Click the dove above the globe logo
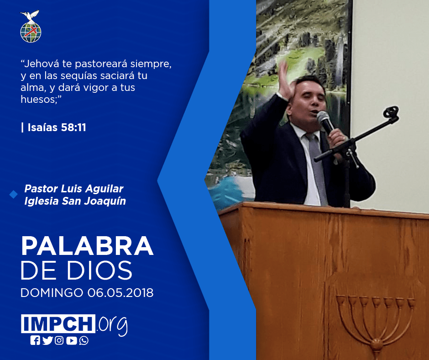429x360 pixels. (30, 16)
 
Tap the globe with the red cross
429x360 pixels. (31, 32)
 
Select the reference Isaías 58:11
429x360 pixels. (57, 127)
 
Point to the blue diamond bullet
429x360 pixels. (13, 195)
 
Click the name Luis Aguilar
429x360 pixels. (92, 189)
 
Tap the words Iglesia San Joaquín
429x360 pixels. (75, 201)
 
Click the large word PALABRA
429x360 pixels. (87, 246)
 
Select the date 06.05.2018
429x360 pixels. (120, 293)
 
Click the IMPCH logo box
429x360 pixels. (58, 323)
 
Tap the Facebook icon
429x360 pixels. (35, 340)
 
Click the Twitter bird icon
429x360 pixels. (47, 340)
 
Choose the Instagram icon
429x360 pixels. (59, 340)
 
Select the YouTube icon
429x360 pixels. (71, 340)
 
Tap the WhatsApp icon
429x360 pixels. (84, 340)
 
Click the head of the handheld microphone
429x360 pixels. (323, 117)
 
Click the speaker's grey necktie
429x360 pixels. (316, 167)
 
